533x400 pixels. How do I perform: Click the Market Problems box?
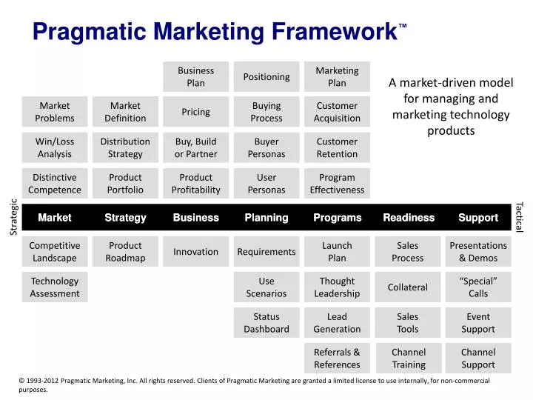[55, 112]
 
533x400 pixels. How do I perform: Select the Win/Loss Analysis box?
[55, 147]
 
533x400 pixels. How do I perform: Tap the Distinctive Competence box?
[55, 184]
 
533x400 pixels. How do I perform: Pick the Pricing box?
[195, 112]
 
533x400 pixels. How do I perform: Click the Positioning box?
[266, 76]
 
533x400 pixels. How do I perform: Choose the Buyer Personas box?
[266, 147]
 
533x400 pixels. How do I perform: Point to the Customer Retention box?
[337, 147]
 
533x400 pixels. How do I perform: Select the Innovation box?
[195, 252]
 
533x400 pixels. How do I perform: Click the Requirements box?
[266, 252]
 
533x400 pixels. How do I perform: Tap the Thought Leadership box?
[337, 287]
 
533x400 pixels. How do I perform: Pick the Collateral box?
[408, 287]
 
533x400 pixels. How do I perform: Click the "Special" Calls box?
[478, 287]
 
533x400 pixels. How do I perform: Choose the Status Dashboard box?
[266, 322]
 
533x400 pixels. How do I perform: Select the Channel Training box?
[409, 359]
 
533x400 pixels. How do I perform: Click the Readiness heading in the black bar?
[409, 217]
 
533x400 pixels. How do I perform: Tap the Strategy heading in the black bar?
[125, 218]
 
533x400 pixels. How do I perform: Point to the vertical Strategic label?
[13, 217]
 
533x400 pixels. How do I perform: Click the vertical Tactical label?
[519, 217]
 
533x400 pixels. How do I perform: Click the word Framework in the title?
[335, 32]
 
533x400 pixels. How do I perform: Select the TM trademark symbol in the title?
[403, 25]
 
